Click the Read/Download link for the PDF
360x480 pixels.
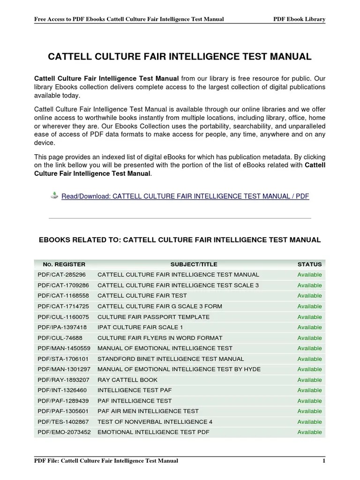185,196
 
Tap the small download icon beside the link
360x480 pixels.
54,195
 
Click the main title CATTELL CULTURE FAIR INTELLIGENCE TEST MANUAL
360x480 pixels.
180,57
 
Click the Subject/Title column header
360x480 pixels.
187,264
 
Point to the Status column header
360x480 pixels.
309,264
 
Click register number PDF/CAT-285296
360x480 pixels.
61,275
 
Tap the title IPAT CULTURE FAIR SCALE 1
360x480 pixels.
140,327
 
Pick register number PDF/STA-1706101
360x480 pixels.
63,359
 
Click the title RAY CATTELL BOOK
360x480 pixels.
127,380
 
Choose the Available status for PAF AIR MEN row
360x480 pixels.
309,411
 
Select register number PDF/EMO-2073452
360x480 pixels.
64,432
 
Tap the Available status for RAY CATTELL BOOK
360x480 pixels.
309,380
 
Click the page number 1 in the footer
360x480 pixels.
323,461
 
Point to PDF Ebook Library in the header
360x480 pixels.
299,19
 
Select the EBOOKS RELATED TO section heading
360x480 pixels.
180,240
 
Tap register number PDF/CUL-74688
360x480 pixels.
60,338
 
